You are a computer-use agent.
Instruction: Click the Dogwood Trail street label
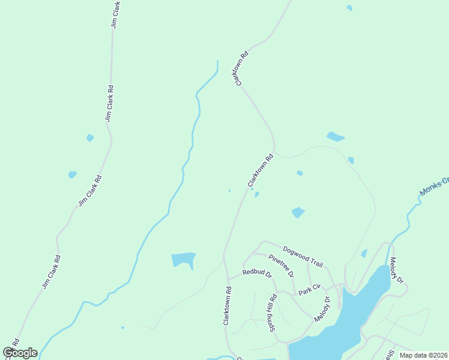pyautogui.click(x=303, y=257)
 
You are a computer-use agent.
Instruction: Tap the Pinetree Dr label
pyautogui.click(x=281, y=265)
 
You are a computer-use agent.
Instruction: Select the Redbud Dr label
pyautogui.click(x=257, y=272)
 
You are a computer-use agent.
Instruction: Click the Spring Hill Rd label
pyautogui.click(x=273, y=313)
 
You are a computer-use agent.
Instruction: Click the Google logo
pyautogui.click(x=20, y=353)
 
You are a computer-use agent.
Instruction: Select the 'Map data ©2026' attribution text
pyautogui.click(x=423, y=355)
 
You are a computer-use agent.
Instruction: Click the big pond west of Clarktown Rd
pyautogui.click(x=183, y=259)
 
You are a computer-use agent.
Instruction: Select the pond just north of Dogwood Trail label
pyautogui.click(x=298, y=212)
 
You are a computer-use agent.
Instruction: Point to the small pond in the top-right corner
pyautogui.click(x=349, y=8)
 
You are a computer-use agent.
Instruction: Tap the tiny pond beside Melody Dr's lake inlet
pyautogui.click(x=364, y=254)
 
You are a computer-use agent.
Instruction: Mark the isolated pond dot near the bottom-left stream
pyautogui.click(x=122, y=328)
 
